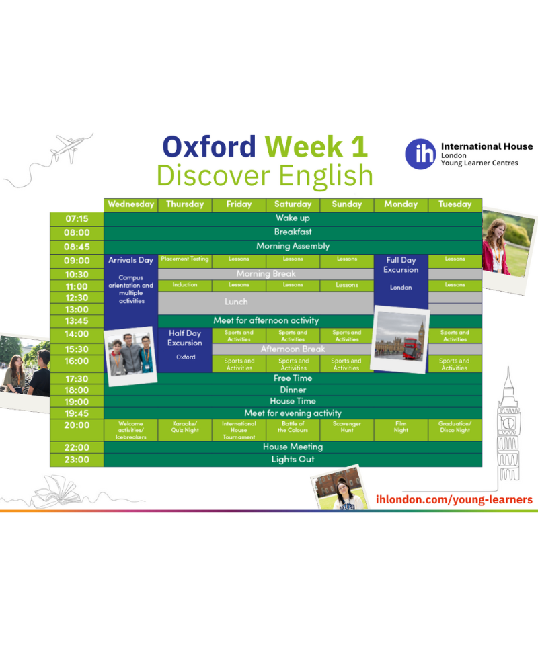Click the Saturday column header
[x=293, y=204]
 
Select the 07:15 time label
[x=77, y=219]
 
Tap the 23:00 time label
[x=77, y=460]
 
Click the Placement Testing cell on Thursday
[x=185, y=261]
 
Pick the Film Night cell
[x=401, y=429]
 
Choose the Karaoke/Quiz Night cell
[x=185, y=429]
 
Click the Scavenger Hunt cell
[x=346, y=429]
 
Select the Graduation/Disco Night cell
[x=455, y=429]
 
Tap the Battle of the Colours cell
[x=293, y=429]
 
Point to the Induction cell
[x=185, y=286]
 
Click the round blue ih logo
[x=420, y=154]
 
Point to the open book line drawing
[x=58, y=492]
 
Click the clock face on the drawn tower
[x=509, y=423]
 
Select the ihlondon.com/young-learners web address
[x=454, y=499]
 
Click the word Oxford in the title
[x=209, y=146]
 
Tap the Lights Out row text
[x=293, y=460]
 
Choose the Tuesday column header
[x=455, y=204]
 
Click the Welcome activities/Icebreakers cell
[x=131, y=430]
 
